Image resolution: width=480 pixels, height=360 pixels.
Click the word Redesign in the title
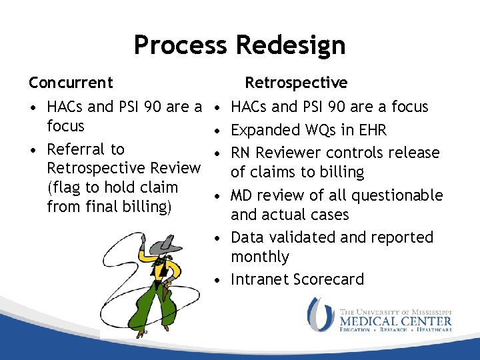pyautogui.click(x=290, y=45)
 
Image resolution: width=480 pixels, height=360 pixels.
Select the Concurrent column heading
pyautogui.click(x=71, y=83)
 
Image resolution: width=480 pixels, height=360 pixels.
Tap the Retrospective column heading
pyautogui.click(x=296, y=83)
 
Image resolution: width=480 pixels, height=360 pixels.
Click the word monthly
pyautogui.click(x=260, y=257)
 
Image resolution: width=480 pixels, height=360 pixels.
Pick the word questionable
pyautogui.click(x=397, y=195)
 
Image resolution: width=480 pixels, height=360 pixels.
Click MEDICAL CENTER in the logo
pyautogui.click(x=395, y=321)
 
